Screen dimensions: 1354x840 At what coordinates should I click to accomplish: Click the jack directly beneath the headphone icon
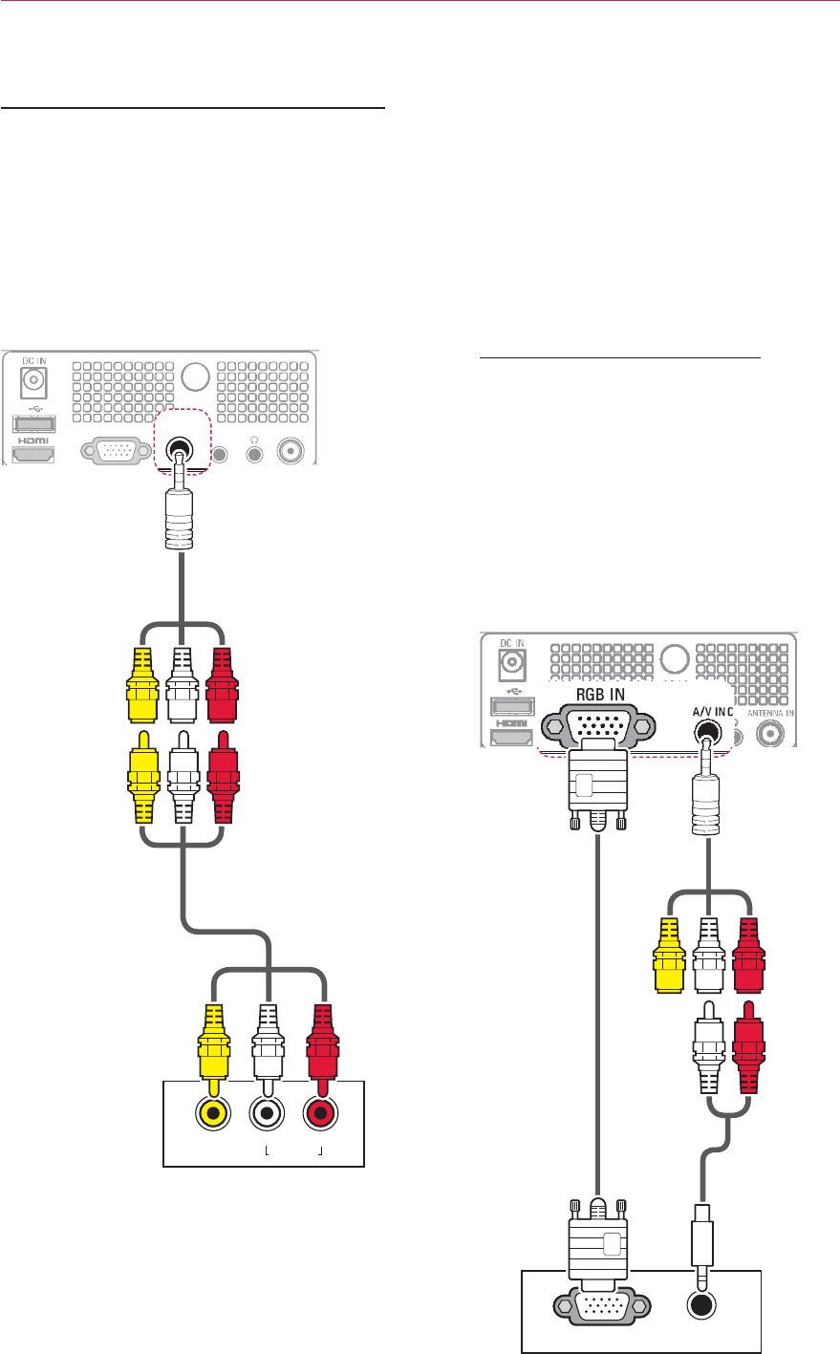pyautogui.click(x=254, y=452)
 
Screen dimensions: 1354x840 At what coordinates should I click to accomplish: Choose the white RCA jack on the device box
pyautogui.click(x=268, y=1112)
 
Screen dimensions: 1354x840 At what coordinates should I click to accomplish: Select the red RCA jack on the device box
pyautogui.click(x=320, y=1112)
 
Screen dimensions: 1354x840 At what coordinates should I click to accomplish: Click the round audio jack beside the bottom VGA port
pyautogui.click(x=703, y=1306)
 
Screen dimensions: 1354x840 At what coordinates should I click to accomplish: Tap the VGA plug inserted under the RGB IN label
pyautogui.click(x=597, y=784)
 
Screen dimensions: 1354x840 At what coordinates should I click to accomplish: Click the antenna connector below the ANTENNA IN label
pyautogui.click(x=770, y=734)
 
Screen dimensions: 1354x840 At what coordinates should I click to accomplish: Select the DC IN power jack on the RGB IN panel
pyautogui.click(x=511, y=660)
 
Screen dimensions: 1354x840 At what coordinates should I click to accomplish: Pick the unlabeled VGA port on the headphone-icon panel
pyautogui.click(x=119, y=452)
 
